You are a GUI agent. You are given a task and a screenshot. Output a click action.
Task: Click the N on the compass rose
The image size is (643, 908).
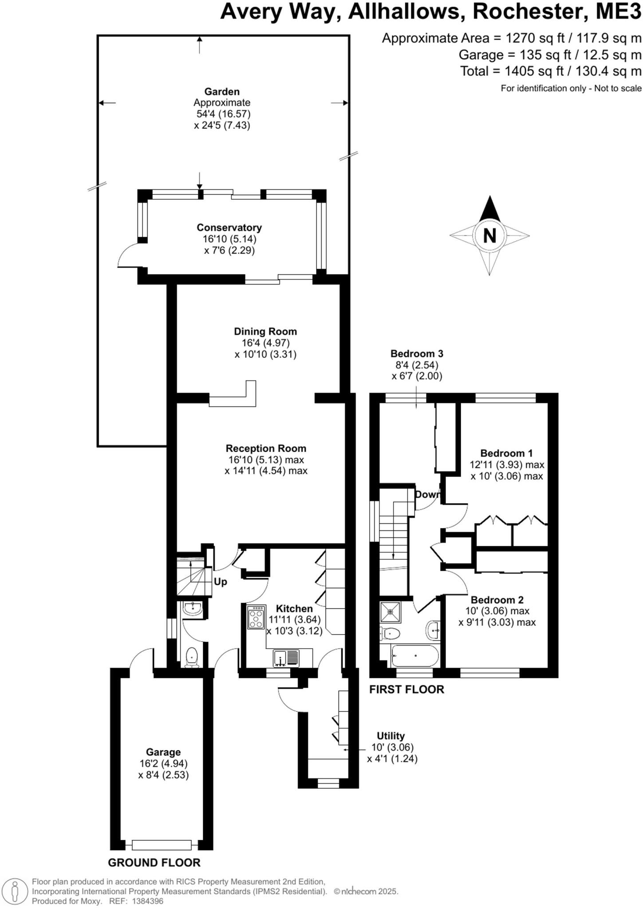tap(489, 235)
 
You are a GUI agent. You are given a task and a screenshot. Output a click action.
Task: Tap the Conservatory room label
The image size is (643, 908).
tap(229, 227)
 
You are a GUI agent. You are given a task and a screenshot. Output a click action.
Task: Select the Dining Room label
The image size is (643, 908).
tap(265, 331)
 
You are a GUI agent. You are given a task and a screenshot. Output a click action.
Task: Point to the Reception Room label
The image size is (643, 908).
tap(266, 448)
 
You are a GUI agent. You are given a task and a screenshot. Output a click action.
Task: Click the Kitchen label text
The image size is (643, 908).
tap(294, 609)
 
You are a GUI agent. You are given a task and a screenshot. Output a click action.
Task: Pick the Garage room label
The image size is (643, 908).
tap(163, 752)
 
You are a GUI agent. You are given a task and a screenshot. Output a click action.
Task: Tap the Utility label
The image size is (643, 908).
tap(391, 736)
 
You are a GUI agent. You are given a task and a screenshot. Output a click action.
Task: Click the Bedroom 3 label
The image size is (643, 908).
tap(417, 353)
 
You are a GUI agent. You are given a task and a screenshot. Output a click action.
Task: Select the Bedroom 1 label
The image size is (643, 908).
tap(506, 453)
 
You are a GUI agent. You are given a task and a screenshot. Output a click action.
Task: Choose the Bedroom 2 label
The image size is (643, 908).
tap(497, 600)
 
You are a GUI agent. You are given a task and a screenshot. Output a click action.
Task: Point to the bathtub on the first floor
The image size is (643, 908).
tap(415, 656)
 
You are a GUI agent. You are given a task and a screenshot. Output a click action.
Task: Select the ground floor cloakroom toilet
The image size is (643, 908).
tap(192, 656)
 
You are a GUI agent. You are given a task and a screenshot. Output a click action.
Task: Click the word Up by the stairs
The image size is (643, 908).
tap(220, 582)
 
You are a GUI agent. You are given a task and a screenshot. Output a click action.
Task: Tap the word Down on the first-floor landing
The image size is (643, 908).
tap(427, 494)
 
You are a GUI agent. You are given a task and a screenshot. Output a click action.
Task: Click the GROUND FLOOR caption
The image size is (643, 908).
tap(154, 862)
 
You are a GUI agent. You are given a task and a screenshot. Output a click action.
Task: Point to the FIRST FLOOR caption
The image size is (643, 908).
tap(406, 689)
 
